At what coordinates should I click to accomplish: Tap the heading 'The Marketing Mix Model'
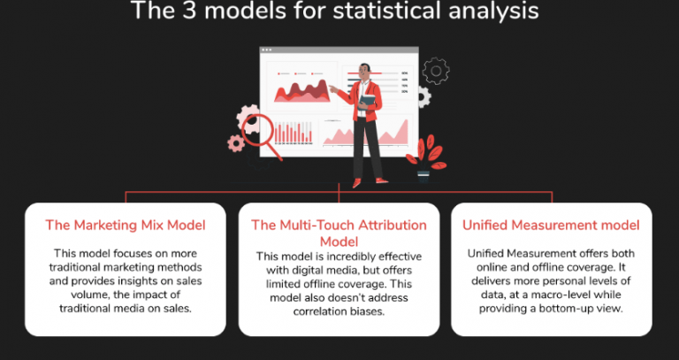(x=125, y=225)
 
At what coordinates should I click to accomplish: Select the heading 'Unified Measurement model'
(x=551, y=225)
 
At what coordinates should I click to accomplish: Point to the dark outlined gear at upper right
(x=436, y=70)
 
